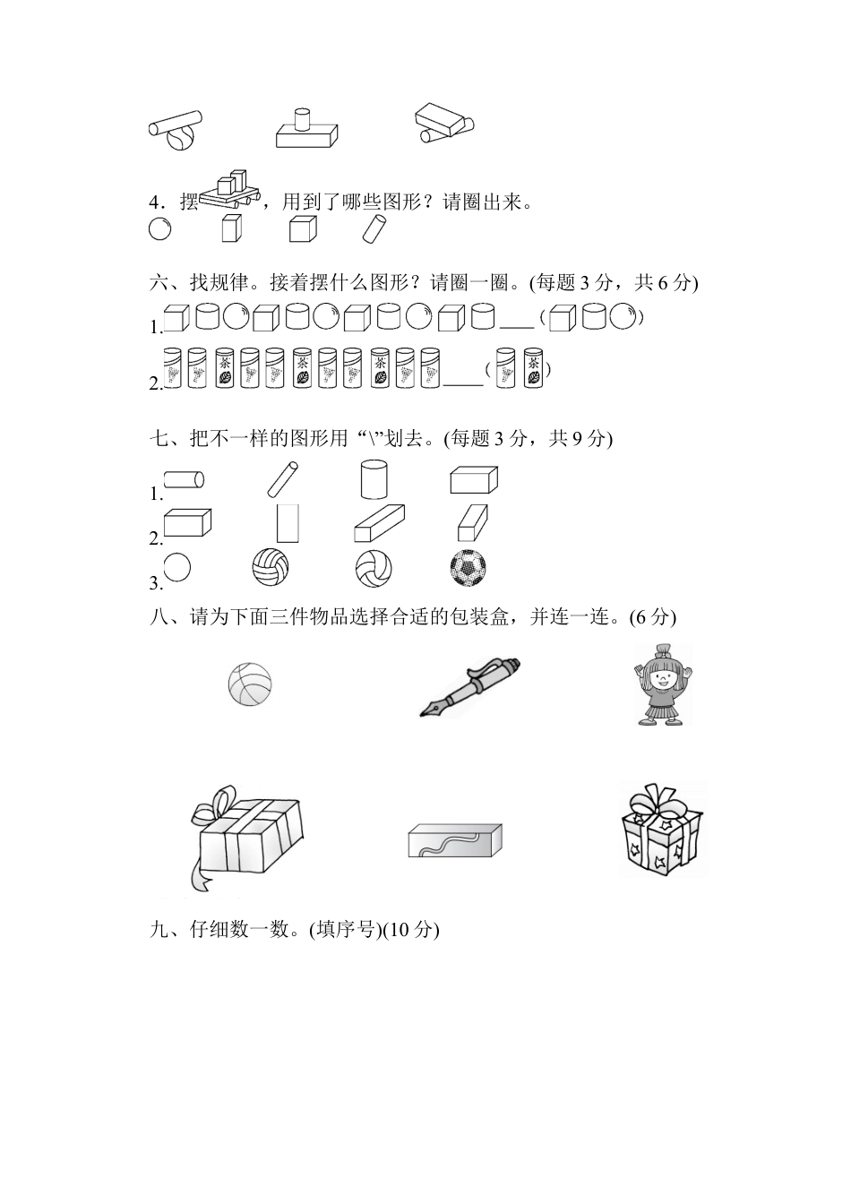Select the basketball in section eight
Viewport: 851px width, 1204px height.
(249, 684)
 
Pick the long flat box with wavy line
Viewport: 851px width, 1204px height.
(454, 840)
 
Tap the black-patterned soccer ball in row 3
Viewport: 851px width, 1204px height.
(468, 567)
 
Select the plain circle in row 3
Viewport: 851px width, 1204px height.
(177, 567)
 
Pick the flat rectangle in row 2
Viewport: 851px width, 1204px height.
(288, 523)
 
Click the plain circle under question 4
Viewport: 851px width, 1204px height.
(159, 229)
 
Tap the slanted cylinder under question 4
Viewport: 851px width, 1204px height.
(373, 230)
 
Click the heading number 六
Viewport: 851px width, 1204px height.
(159, 283)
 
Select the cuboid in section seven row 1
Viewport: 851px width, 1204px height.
(473, 480)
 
